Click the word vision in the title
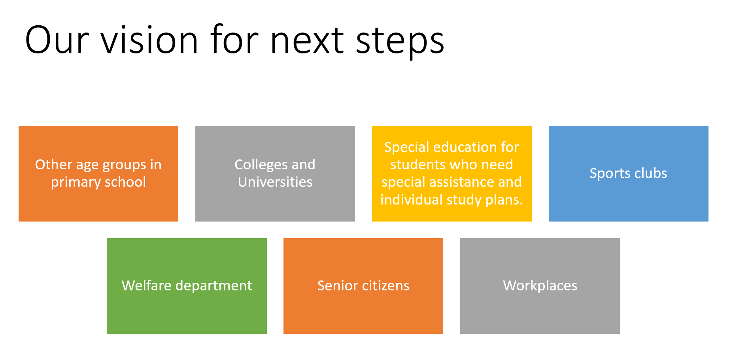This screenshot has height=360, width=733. tap(149, 40)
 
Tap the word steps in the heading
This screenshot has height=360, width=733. tap(400, 42)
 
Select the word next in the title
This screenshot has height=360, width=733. tap(307, 41)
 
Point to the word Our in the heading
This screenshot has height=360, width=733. tap(57, 40)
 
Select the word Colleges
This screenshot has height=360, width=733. tap(261, 165)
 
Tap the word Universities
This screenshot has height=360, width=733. tap(275, 182)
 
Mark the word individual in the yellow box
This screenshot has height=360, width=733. tap(411, 199)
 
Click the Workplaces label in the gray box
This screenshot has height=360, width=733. tap(540, 286)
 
